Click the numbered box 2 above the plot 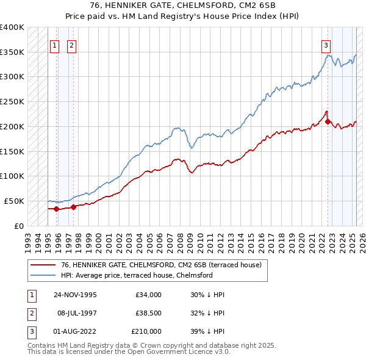tap(71, 45)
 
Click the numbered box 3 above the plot tap(326, 45)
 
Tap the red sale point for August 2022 tap(328, 121)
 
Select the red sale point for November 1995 tap(57, 209)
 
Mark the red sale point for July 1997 tap(73, 206)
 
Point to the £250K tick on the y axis tap(12, 101)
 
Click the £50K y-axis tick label tap(15, 201)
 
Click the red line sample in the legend tap(44, 265)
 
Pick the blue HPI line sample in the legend tap(44, 275)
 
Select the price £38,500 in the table tap(148, 313)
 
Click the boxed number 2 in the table tap(30, 313)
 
